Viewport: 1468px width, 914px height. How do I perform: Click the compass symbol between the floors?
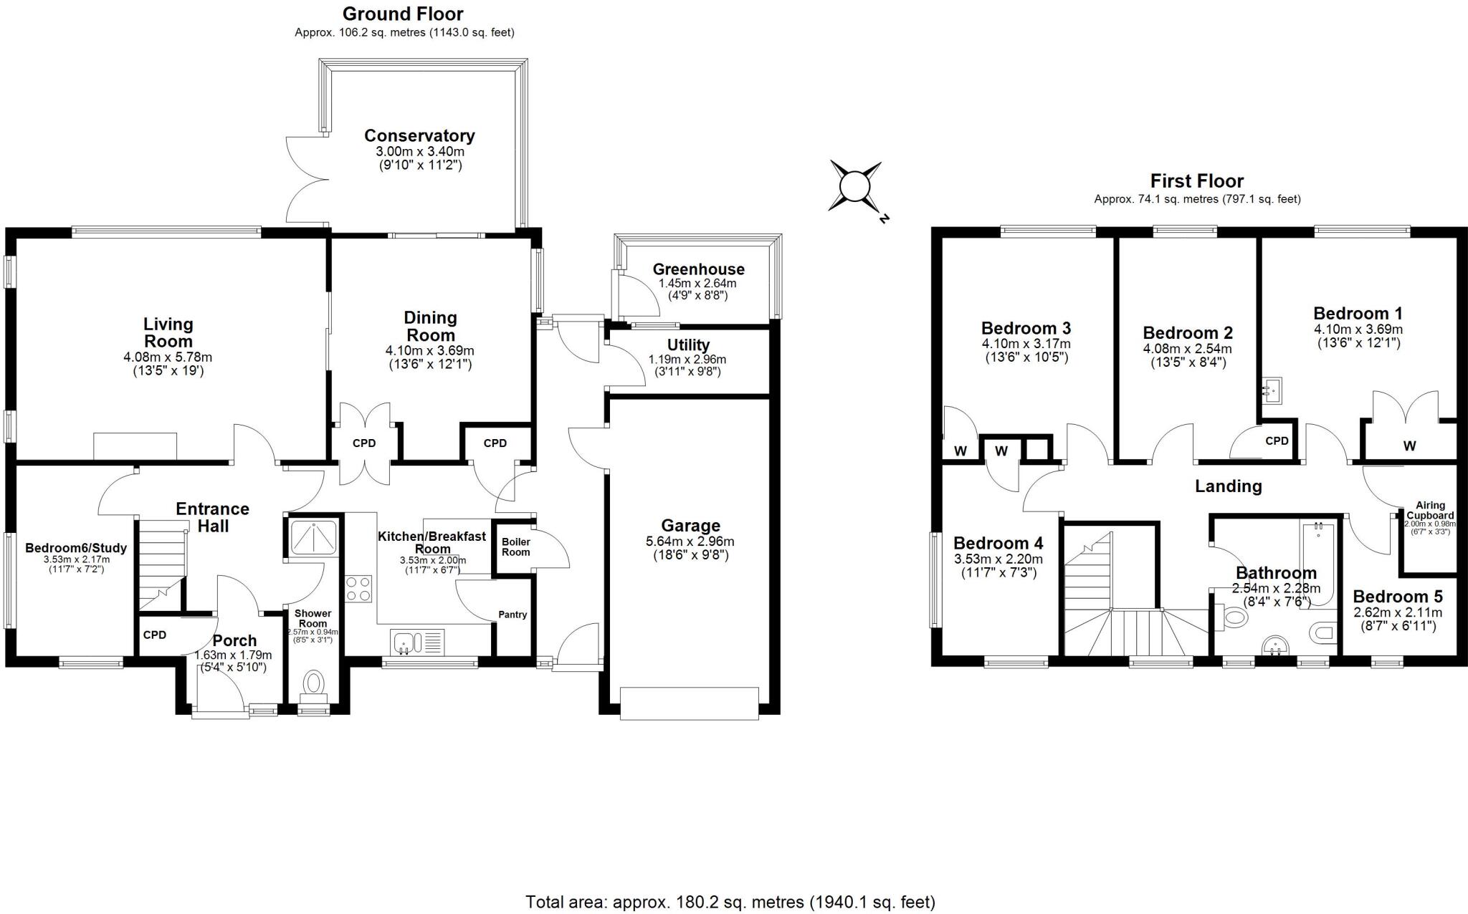854,188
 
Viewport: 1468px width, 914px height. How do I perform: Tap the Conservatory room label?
419,136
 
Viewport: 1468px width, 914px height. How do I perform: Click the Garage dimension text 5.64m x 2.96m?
689,542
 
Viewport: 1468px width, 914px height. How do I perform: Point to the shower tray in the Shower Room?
314,536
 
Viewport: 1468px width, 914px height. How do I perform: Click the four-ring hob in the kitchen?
358,589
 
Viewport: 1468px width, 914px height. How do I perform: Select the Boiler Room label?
515,547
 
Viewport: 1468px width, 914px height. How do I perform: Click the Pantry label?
513,615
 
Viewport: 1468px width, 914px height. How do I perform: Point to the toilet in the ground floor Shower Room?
313,684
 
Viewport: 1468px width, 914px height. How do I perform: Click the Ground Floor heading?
403,14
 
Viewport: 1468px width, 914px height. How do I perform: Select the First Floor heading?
1196,181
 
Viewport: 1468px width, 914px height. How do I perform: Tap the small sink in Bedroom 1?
1271,390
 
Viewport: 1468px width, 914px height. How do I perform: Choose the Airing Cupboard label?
1429,510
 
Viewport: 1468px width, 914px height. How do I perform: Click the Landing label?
1228,486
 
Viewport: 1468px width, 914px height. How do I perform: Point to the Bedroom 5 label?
1397,597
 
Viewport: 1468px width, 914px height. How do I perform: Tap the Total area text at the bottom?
730,902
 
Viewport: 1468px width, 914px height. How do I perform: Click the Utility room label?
688,345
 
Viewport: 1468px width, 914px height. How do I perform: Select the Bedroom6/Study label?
76,548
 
